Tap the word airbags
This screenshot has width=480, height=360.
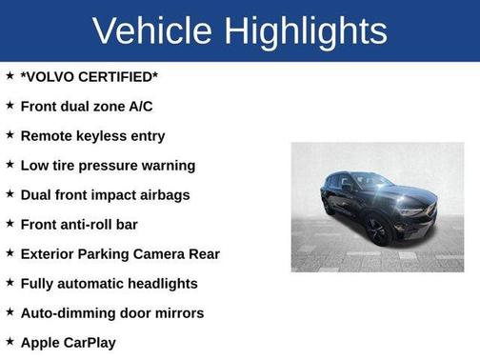click(164, 195)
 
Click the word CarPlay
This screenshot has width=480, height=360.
click(90, 342)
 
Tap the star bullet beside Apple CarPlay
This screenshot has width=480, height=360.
click(10, 341)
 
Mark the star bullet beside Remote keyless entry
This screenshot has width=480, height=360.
click(10, 135)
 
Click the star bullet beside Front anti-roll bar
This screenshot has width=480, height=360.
click(10, 224)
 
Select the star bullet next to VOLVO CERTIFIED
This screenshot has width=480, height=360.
click(10, 76)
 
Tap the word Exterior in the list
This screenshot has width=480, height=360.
click(50, 254)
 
